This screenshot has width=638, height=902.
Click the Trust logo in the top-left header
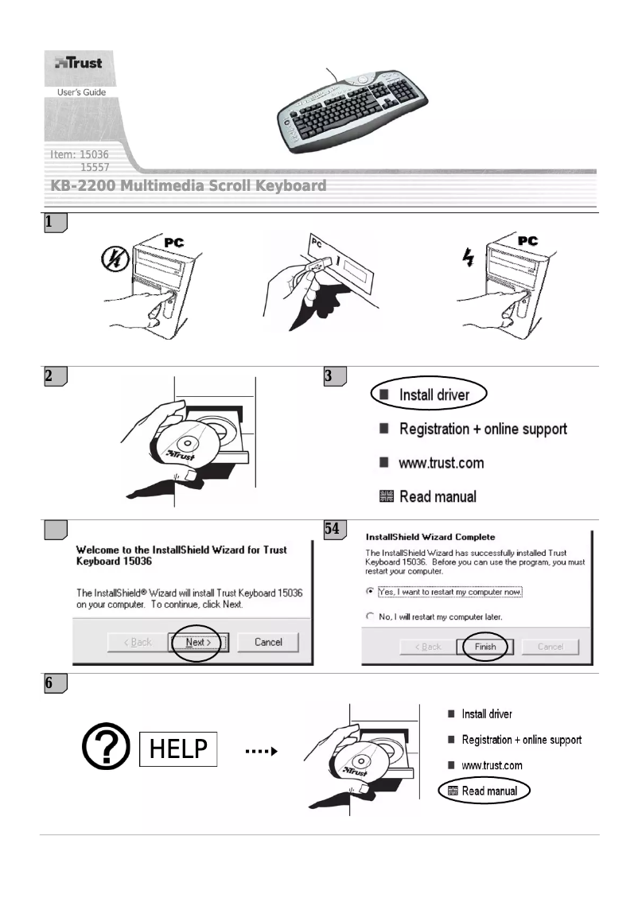(78, 63)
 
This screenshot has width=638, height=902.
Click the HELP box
(178, 749)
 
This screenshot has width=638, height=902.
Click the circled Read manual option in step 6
(483, 791)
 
